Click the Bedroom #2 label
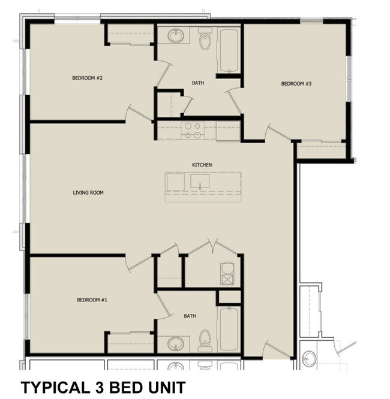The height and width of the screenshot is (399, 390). (87, 78)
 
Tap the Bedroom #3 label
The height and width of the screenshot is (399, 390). (296, 83)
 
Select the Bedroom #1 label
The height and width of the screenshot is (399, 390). (92, 300)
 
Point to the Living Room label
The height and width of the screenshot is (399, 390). (88, 193)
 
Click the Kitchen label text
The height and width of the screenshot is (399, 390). (202, 165)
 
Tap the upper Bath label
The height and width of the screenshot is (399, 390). (198, 83)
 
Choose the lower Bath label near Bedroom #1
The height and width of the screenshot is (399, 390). (190, 316)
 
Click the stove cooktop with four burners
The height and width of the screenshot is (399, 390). (193, 130)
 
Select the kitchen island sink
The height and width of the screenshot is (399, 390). (200, 181)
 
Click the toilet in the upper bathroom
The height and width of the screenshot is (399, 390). (205, 39)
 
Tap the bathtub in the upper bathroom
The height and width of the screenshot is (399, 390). (229, 51)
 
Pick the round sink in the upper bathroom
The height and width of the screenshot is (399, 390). (176, 36)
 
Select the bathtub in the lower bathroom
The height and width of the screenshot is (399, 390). (229, 329)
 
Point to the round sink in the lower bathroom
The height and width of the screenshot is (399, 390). (176, 343)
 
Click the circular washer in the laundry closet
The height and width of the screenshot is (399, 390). (227, 268)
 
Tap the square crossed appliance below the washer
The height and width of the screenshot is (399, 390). (227, 279)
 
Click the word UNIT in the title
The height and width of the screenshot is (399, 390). (167, 388)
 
